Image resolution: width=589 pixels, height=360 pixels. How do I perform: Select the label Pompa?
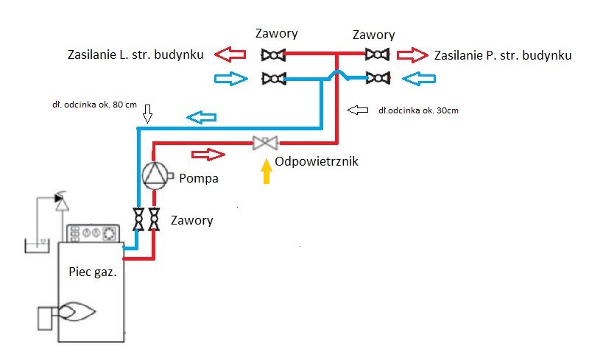point(199,178)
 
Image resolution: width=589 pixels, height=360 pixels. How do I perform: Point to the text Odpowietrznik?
point(317,161)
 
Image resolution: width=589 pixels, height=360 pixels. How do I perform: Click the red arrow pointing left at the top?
point(230,54)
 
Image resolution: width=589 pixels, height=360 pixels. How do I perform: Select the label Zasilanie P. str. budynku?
point(504,55)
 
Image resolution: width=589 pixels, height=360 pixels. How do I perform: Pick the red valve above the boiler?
point(154,219)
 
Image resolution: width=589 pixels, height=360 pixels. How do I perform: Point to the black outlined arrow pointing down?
point(147,113)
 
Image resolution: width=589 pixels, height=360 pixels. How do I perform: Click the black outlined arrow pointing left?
point(359,110)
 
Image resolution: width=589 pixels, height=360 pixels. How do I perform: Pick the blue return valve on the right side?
point(378,77)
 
